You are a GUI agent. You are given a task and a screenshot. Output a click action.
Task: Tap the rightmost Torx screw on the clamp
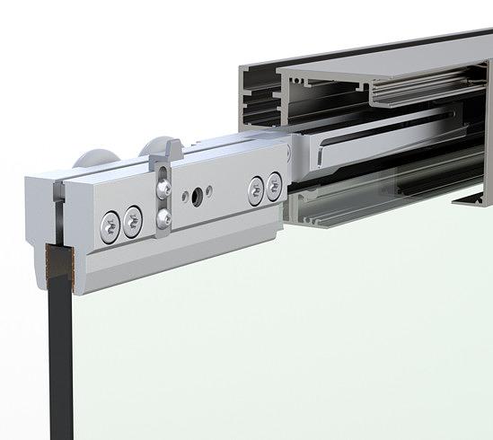(274, 186)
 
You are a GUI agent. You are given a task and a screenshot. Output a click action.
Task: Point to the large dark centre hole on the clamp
(192, 195)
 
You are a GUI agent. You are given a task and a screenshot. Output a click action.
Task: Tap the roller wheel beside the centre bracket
(163, 145)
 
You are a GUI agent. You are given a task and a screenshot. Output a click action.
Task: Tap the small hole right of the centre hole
(208, 189)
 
